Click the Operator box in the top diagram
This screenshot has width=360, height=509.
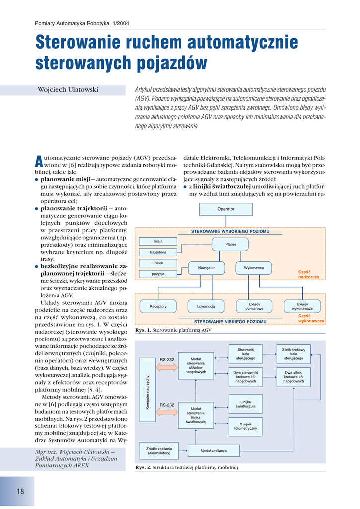(226, 209)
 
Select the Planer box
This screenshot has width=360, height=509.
(231, 244)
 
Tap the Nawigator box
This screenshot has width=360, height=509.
(206, 268)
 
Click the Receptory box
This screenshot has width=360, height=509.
(158, 306)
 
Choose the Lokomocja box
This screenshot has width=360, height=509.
(206, 306)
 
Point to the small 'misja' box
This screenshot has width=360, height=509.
(158, 241)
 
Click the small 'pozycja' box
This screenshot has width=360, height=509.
(158, 274)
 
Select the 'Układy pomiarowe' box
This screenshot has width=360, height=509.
(254, 306)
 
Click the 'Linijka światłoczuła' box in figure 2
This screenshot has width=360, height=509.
(245, 404)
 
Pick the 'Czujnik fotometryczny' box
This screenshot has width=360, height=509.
(245, 425)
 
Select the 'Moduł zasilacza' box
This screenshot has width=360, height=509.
(214, 450)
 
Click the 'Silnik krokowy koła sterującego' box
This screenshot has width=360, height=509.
(293, 354)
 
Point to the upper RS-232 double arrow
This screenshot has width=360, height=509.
(167, 367)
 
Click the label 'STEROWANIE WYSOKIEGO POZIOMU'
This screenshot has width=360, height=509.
(230, 232)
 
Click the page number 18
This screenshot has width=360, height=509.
(20, 492)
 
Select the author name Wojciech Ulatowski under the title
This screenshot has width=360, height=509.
(68, 89)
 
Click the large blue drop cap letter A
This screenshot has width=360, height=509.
(38, 160)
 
